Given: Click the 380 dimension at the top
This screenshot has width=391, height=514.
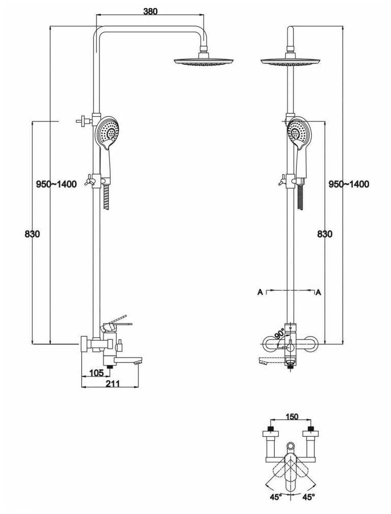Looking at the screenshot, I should tap(150, 12).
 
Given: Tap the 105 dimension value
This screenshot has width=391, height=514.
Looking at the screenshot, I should tap(96, 373).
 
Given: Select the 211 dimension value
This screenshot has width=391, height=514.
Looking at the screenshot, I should tap(113, 383).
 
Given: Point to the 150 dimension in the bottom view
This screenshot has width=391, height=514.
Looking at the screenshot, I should tap(291, 417).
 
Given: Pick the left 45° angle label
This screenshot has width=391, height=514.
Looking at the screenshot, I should tap(275, 497).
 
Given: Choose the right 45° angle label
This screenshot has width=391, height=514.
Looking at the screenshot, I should tap(308, 497).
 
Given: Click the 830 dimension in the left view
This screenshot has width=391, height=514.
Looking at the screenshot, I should tap(32, 234).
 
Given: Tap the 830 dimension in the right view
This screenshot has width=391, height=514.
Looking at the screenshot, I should tap(324, 234).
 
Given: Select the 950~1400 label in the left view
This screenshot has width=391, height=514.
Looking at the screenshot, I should tap(56, 184).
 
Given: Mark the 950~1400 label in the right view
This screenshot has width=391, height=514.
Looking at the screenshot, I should tap(349, 184).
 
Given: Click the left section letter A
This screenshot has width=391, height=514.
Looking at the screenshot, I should tap(260, 292).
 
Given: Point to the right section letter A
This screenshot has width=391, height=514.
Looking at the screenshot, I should tap(319, 292).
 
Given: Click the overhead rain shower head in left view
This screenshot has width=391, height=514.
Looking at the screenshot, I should tap(205, 61).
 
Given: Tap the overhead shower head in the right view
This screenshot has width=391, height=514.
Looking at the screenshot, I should tap(290, 61).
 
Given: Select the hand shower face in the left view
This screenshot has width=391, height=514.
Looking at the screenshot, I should tap(108, 132).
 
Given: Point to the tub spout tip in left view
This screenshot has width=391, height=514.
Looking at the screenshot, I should tap(138, 361).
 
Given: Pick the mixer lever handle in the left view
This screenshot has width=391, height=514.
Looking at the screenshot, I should tap(118, 323).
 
